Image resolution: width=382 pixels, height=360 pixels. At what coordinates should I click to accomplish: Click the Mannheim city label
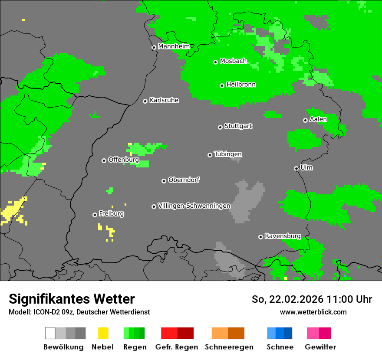(x=174, y=46)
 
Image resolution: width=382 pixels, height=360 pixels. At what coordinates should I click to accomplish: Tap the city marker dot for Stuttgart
(x=220, y=127)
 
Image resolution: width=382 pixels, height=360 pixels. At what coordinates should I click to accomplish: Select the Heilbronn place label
(x=241, y=85)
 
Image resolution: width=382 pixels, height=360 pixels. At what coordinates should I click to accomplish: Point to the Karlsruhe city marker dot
(x=145, y=101)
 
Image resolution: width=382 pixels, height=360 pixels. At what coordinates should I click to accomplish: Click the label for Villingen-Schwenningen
(x=194, y=206)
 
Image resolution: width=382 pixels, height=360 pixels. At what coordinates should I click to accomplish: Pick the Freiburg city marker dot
(x=95, y=215)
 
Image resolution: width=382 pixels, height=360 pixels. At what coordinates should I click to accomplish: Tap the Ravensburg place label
(x=283, y=236)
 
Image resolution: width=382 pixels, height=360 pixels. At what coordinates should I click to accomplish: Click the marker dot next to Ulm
(x=296, y=168)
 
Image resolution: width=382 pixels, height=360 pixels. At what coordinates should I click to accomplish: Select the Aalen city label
(x=318, y=119)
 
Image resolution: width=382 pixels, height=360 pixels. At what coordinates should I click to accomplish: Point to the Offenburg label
(x=123, y=160)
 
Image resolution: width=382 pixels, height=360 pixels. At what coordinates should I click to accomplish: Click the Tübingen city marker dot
(x=210, y=155)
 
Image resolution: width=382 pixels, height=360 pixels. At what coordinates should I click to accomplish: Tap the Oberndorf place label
(x=184, y=180)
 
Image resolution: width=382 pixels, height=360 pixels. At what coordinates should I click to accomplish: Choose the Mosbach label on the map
(x=233, y=61)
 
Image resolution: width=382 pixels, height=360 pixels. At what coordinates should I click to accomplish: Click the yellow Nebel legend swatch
(x=103, y=333)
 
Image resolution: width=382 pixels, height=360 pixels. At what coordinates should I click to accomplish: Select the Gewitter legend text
(x=320, y=347)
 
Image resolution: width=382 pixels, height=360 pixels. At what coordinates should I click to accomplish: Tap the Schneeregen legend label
(x=229, y=347)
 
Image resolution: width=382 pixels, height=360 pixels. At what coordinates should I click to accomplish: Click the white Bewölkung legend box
(x=50, y=333)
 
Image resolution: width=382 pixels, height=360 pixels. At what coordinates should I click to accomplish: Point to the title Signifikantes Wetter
(x=72, y=299)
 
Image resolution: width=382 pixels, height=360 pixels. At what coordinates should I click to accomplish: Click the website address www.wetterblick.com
(x=313, y=312)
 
